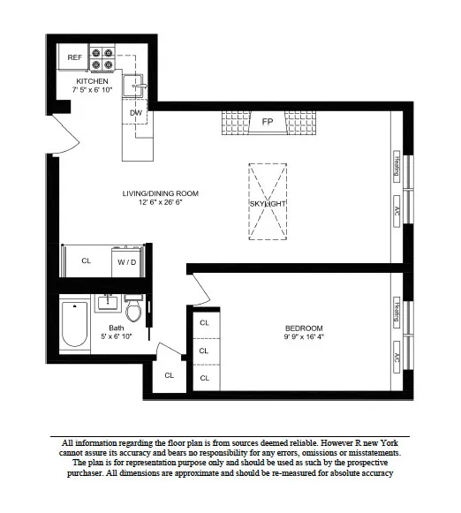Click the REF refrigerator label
tap(76, 58)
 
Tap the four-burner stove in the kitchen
tap(103, 57)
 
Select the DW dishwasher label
tap(135, 113)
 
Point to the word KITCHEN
tap(92, 80)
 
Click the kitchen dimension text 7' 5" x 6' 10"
tap(92, 90)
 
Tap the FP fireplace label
tap(267, 124)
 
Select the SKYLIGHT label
tap(268, 204)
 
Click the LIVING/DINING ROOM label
tap(161, 193)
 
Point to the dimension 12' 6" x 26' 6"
tap(161, 204)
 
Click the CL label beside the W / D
tap(86, 261)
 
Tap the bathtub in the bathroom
tap(73, 324)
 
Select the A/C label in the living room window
tap(397, 213)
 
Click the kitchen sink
tap(136, 85)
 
